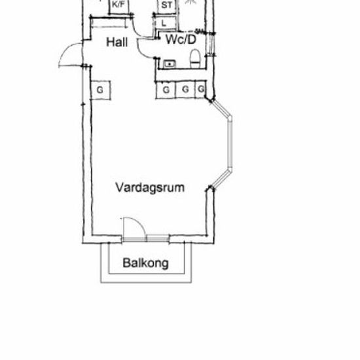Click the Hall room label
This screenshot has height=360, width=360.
[117, 43]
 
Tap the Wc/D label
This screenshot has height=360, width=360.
[181, 39]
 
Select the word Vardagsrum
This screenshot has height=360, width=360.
[150, 187]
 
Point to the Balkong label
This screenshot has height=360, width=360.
[145, 263]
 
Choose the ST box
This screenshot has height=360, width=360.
[167, 7]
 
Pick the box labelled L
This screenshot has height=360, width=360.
[166, 23]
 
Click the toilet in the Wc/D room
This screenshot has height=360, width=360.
[195, 59]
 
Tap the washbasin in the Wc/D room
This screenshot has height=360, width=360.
[170, 64]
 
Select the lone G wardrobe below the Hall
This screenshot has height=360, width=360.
[101, 90]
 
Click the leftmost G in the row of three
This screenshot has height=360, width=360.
[166, 90]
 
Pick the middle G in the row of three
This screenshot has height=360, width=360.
[185, 90]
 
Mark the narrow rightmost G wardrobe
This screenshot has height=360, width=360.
[201, 89]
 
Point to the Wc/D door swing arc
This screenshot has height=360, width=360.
[141, 51]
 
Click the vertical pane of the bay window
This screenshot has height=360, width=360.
[230, 143]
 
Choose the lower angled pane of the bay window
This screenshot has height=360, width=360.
[221, 179]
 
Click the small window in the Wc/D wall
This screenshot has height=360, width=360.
[210, 45]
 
